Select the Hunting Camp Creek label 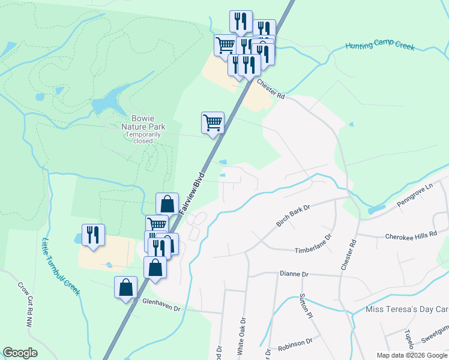(379, 46)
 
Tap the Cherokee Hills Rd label (411, 236)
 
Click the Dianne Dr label (294, 274)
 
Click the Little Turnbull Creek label (61, 267)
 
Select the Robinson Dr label (295, 343)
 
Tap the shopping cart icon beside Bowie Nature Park (213, 123)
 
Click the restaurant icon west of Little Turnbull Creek (93, 235)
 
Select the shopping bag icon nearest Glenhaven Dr (126, 287)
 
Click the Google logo (20, 353)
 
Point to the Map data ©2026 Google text (411, 355)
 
